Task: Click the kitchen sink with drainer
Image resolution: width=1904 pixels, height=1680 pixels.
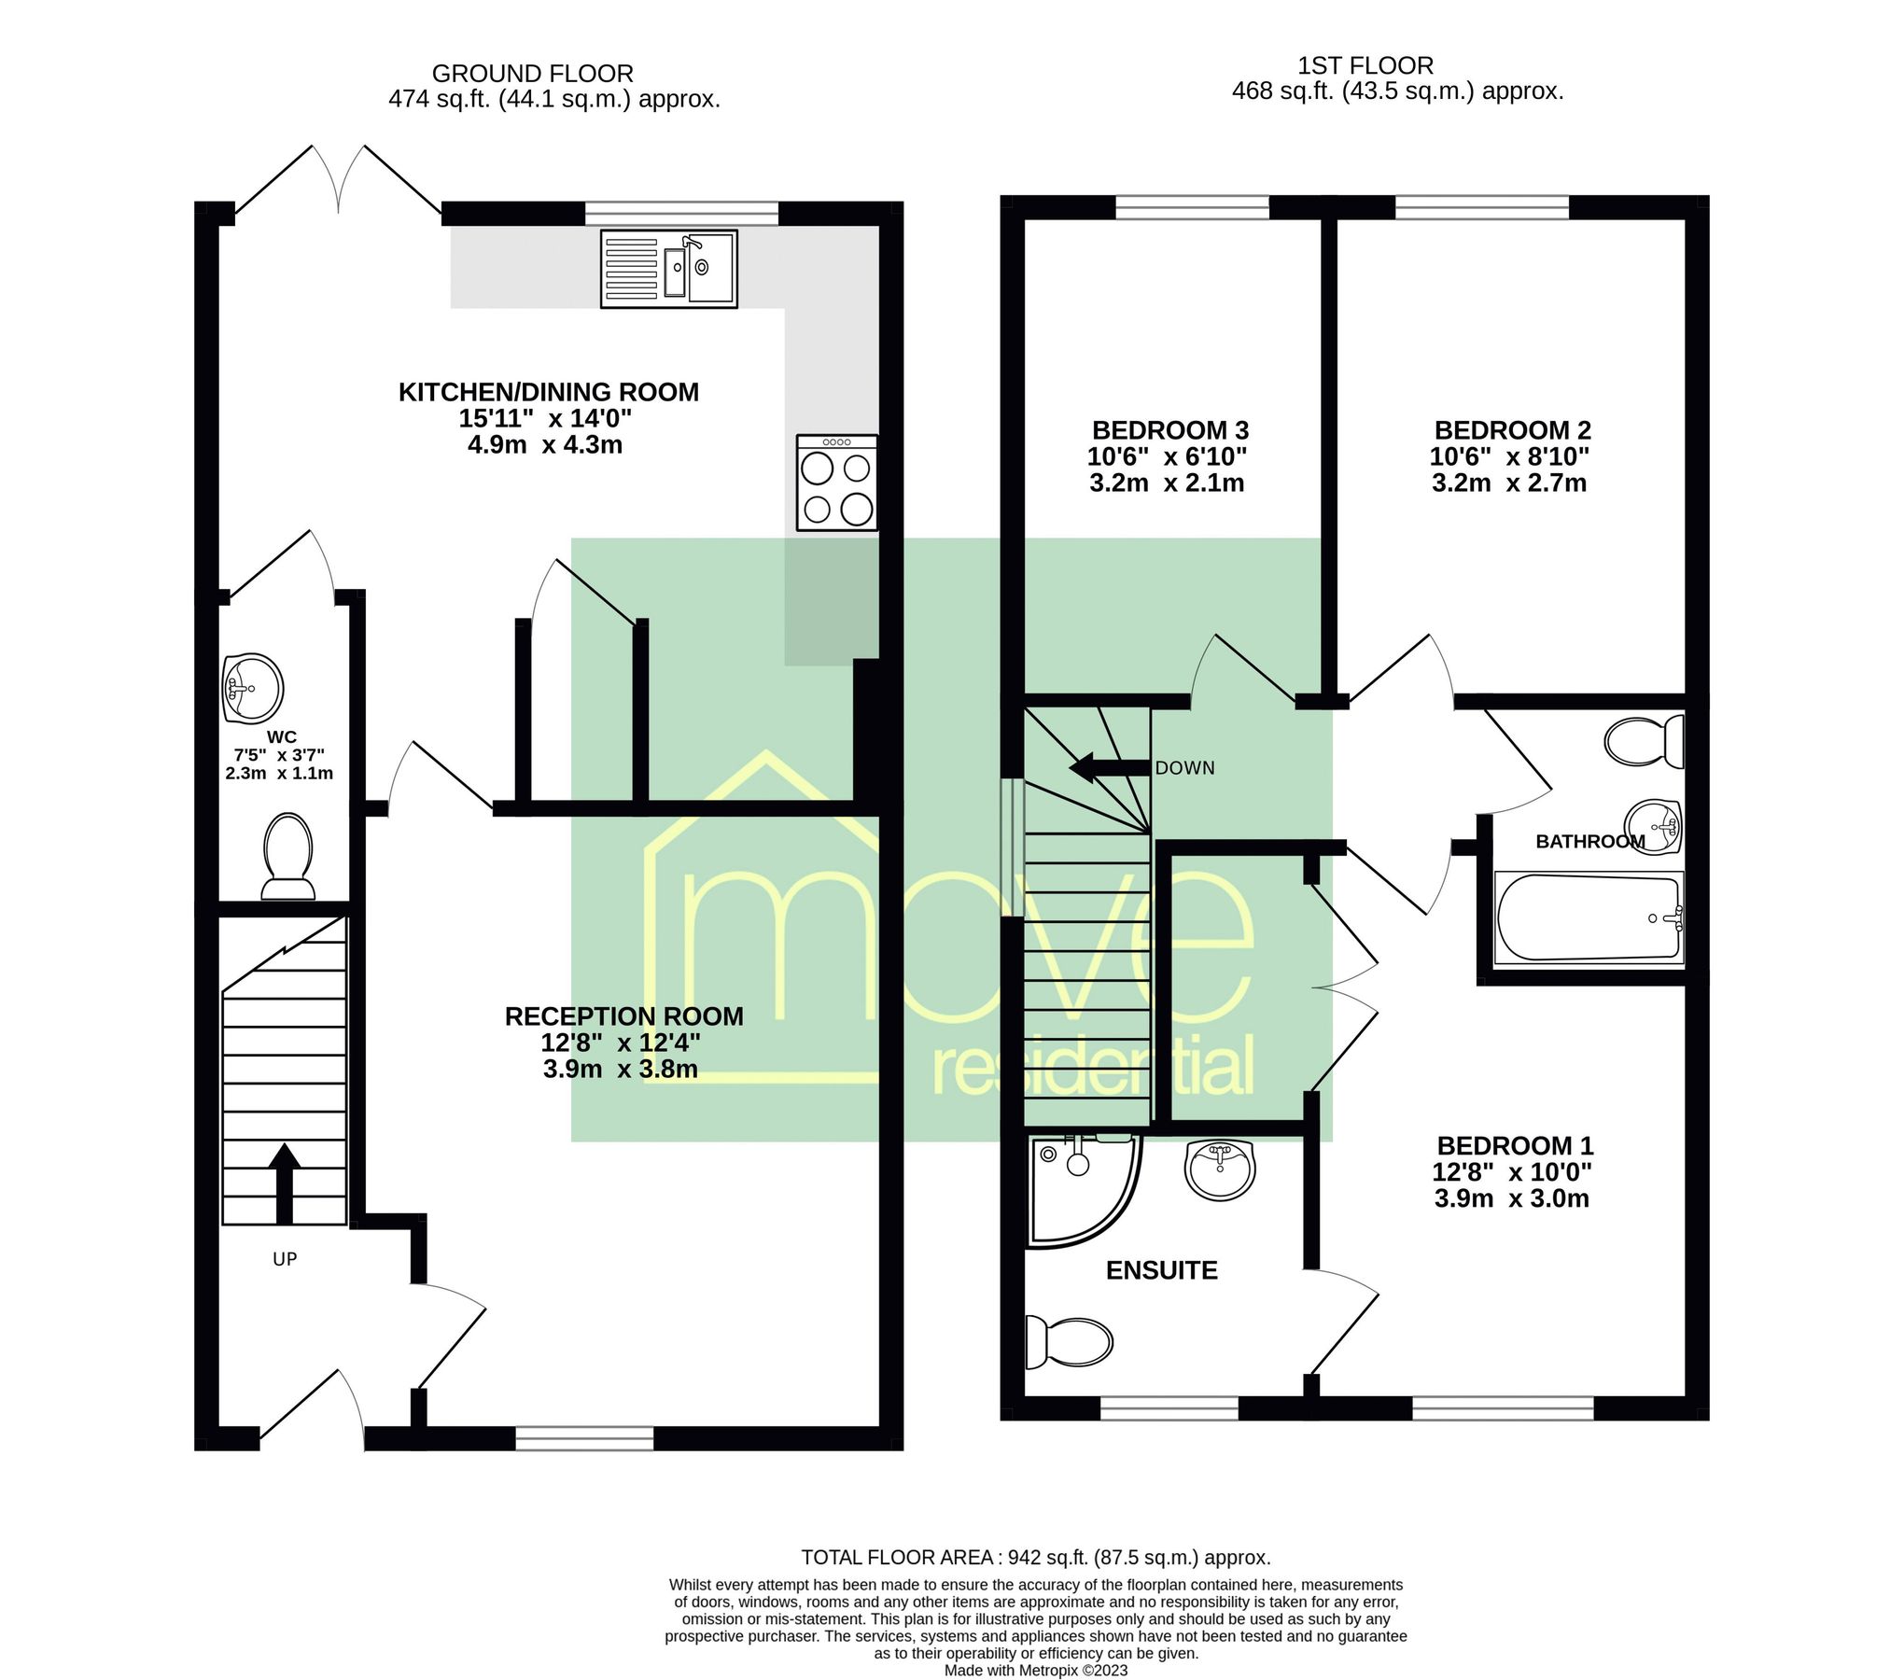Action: coord(668,269)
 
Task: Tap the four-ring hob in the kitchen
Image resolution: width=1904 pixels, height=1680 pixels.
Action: coord(836,483)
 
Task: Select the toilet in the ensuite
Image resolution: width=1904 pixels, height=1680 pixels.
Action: coord(1069,1341)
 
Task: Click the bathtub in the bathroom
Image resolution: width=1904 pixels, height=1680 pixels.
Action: coord(1588,917)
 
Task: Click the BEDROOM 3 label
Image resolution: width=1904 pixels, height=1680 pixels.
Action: coord(1169,430)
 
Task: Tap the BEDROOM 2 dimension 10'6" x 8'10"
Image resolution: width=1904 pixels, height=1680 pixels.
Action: coord(1509,456)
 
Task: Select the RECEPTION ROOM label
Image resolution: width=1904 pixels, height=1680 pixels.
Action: coord(623,1016)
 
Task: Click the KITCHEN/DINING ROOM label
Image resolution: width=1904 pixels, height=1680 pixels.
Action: coord(548,392)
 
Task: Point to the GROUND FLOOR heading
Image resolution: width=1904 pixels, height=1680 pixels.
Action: coord(532,74)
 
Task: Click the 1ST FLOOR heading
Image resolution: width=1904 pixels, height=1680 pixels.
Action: coord(1365,66)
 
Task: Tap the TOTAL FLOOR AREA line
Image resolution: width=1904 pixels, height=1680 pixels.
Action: coord(1035,1557)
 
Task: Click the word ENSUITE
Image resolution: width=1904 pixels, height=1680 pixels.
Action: coord(1161,1270)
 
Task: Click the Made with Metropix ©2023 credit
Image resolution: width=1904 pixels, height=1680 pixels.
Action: coord(1035,1670)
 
